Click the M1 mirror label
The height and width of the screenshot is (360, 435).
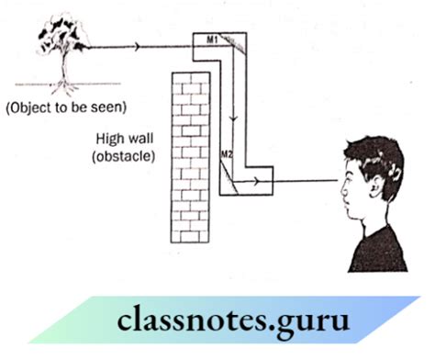(x=209, y=39)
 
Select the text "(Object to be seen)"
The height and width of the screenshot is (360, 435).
(x=64, y=108)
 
